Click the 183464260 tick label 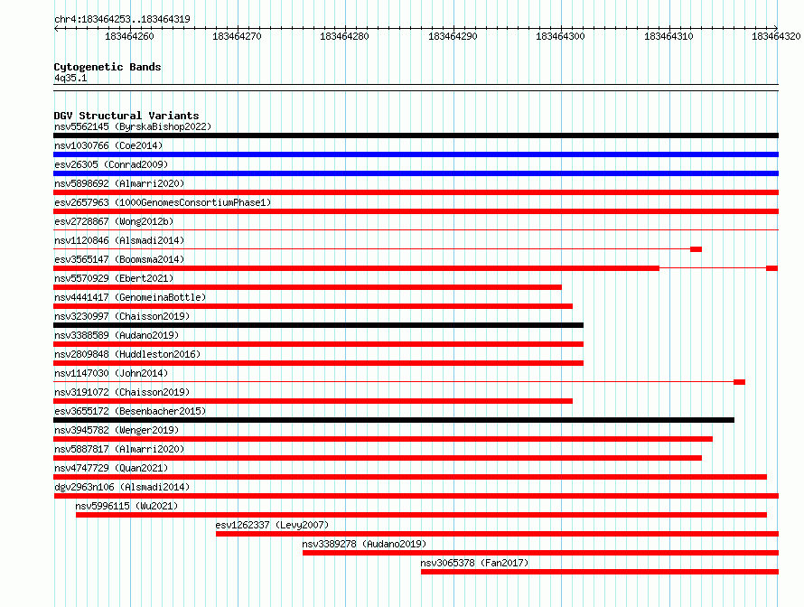[x=129, y=36]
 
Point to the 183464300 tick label [x=560, y=36]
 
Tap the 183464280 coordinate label [x=344, y=36]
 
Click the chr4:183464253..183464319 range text [x=122, y=19]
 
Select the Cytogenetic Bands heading [x=108, y=67]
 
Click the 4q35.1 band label [x=70, y=78]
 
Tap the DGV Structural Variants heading [x=126, y=116]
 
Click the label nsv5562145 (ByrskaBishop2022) [x=133, y=126]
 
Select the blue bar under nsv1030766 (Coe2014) [x=416, y=154]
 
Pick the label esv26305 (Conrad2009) [x=111, y=164]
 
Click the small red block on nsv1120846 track [x=696, y=249]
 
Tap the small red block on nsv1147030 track [x=739, y=382]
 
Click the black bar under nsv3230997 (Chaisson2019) [x=318, y=325]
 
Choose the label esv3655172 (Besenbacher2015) [x=130, y=411]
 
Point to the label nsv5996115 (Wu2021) [x=126, y=506]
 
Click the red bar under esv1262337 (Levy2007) [x=498, y=534]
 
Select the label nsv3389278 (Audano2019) [x=364, y=544]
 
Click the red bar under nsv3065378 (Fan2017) [x=600, y=572]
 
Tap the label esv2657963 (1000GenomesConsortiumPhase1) [x=163, y=202]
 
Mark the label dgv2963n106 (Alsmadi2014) [x=122, y=487]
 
